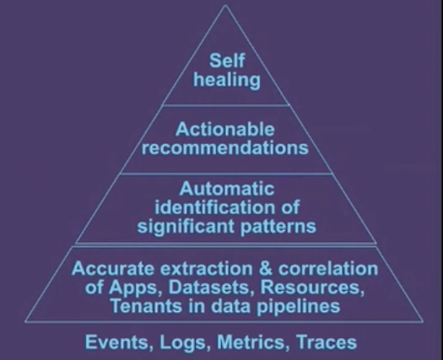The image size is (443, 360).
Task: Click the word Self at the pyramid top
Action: pos(227,61)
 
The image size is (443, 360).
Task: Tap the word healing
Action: pos(227,80)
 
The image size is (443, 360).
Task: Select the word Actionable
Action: pos(225,129)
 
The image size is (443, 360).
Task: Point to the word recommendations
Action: pos(225,148)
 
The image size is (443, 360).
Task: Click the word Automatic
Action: pos(227,189)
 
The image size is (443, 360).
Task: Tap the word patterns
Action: pos(278,227)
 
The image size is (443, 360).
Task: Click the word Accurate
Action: pos(113,268)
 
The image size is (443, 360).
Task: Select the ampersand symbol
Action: pos(266,268)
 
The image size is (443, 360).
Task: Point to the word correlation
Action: pos(328,268)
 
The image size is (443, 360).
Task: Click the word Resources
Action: pos(312,287)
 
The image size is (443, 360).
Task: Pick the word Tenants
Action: pos(146,306)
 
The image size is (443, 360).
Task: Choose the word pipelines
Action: pos(298,307)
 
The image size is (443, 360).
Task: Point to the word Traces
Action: pos(327,342)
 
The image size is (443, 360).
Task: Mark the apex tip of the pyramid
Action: pos(225,5)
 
